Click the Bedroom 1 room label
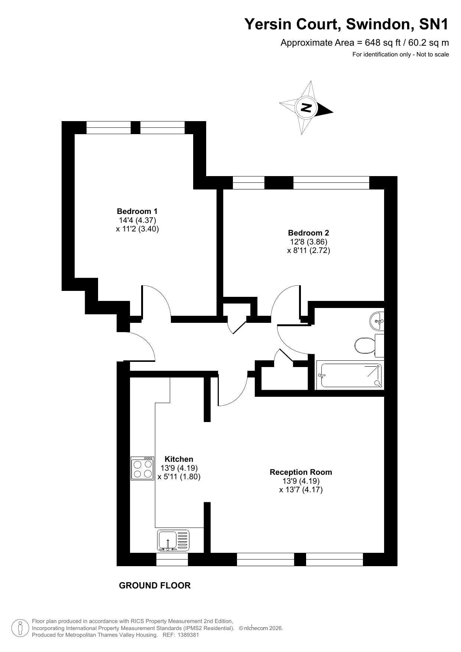137,211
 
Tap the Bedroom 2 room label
308,233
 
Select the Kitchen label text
179,459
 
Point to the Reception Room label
301,472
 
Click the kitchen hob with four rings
142,468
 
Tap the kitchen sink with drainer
173,540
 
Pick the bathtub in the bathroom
350,375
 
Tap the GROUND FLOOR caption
155,585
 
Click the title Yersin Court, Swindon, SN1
347,25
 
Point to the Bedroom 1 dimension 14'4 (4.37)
137,220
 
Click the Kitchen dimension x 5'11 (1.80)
179,477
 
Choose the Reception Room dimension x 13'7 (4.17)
301,490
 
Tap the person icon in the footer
20,628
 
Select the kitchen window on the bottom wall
172,559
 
